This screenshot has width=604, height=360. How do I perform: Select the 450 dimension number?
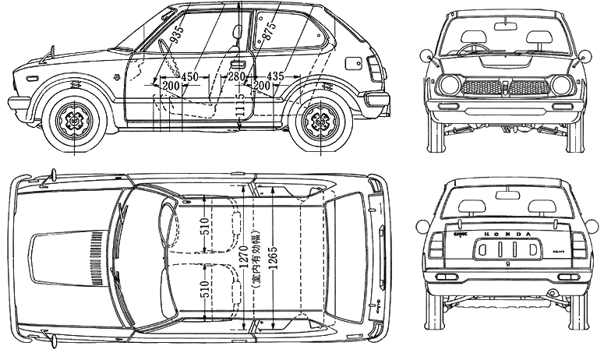pyautogui.click(x=189, y=76)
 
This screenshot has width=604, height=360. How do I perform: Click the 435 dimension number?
pyautogui.click(x=276, y=76)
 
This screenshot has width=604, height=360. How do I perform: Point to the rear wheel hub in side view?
pyautogui.click(x=318, y=121)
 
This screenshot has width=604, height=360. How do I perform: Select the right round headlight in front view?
pyautogui.click(x=560, y=85)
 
